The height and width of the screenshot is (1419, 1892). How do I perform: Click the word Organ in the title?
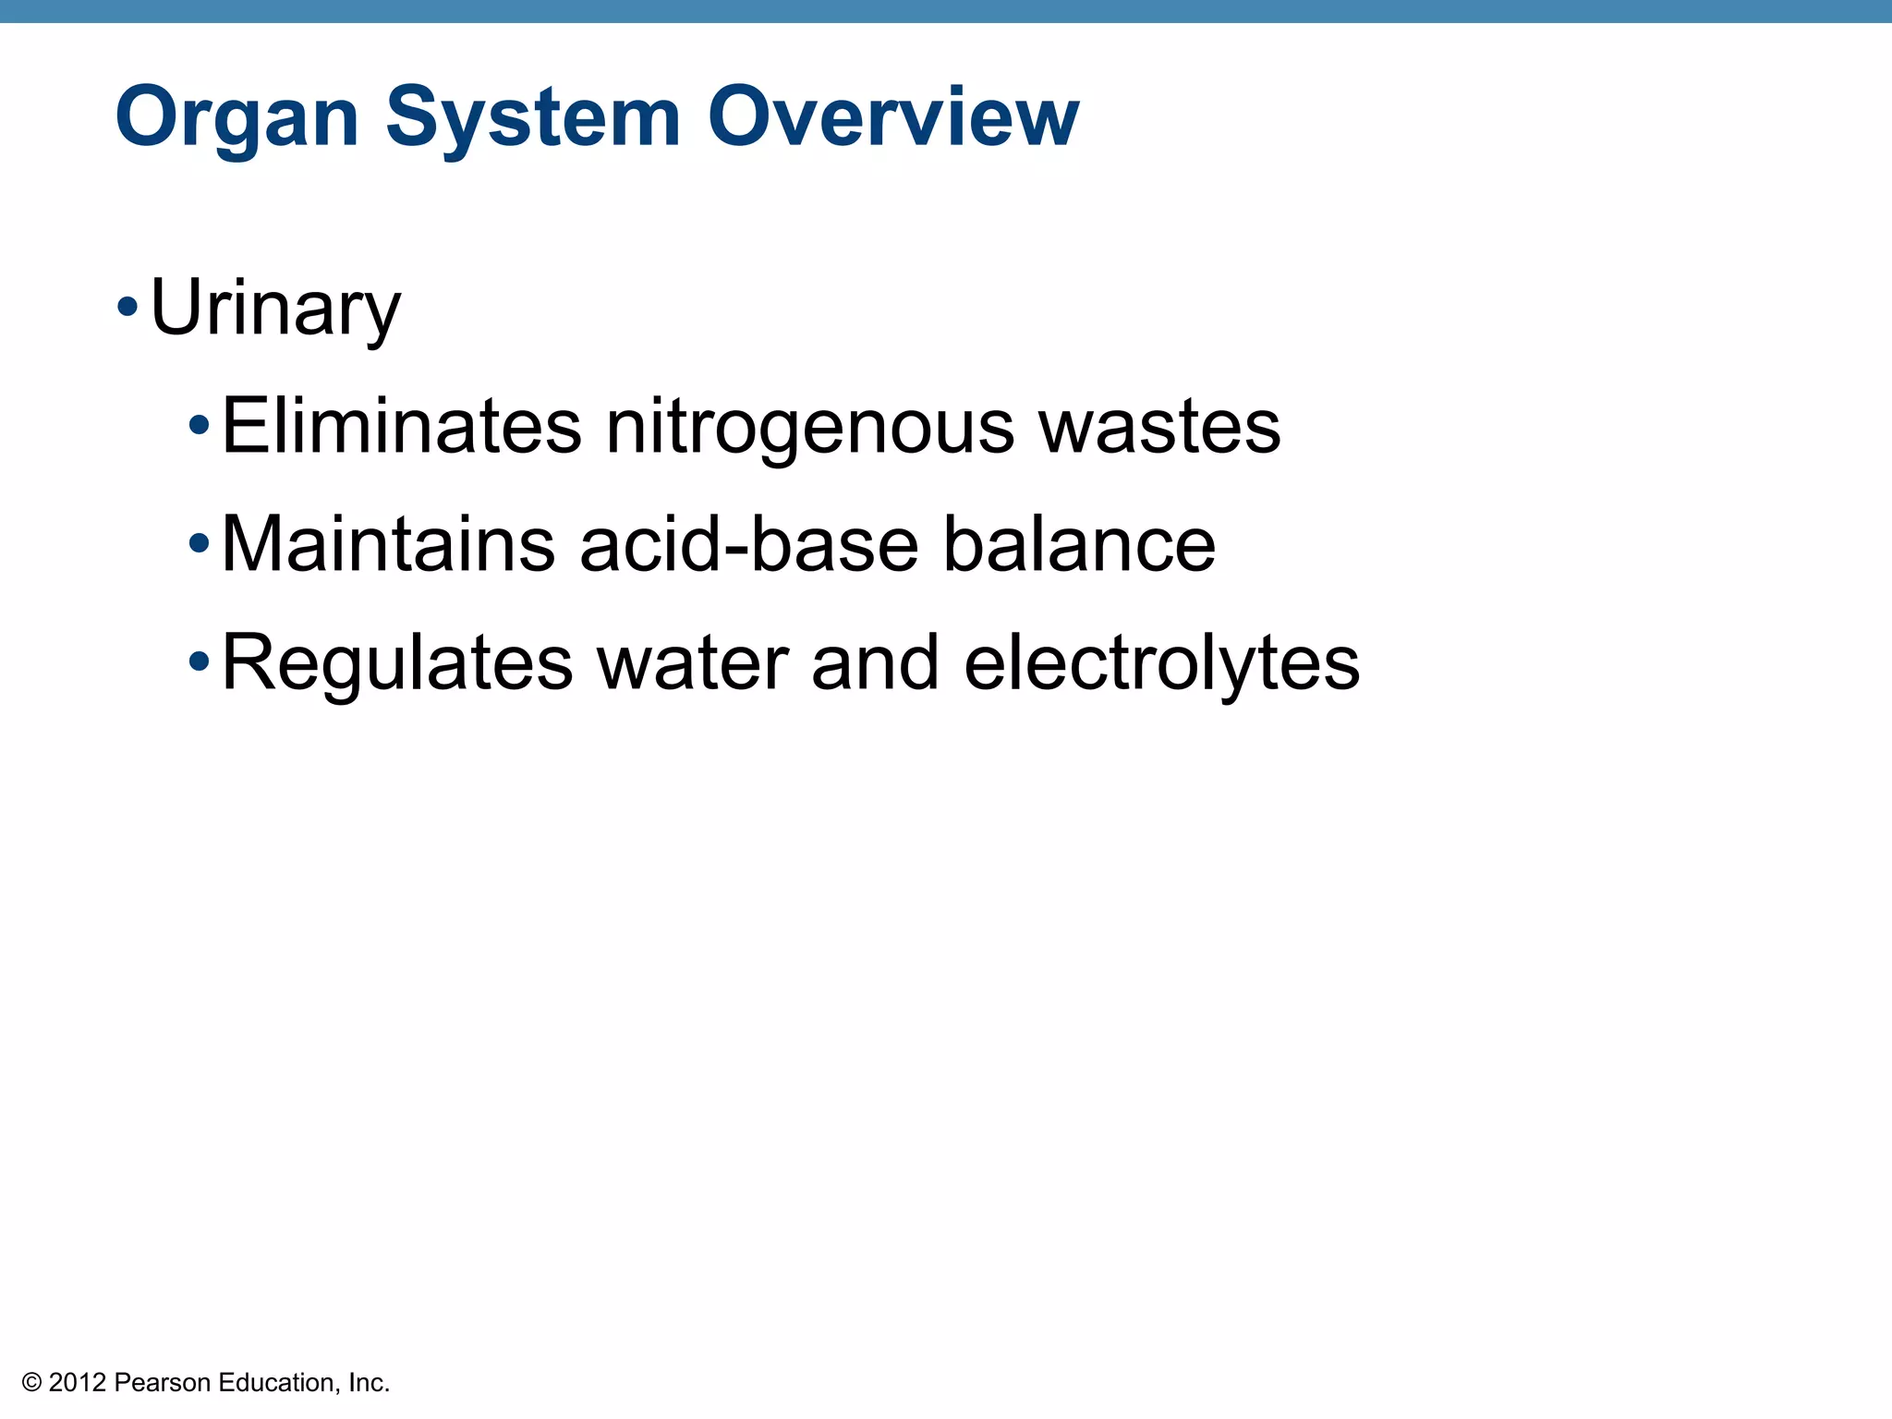pos(236,118)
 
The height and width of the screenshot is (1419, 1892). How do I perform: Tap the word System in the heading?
pos(533,118)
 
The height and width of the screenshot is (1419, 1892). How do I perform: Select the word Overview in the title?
pos(893,116)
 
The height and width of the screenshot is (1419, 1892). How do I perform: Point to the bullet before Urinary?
pos(128,307)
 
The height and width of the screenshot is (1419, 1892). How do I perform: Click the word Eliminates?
pos(402,426)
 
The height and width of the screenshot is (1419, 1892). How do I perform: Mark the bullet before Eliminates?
pos(200,426)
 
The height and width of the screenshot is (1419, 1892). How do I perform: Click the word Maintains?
pos(388,544)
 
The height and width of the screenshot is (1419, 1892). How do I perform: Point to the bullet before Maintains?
pos(200,544)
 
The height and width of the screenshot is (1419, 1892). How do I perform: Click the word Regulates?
pos(397,663)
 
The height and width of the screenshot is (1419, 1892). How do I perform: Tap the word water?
pos(693,663)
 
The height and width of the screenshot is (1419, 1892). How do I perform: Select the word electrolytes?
pos(1161,663)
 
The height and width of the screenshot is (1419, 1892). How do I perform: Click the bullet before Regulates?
pos(200,661)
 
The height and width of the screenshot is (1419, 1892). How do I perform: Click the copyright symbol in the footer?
pos(31,1383)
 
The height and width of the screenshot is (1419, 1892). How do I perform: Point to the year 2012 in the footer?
pos(78,1383)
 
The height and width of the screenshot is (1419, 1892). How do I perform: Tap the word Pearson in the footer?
pos(163,1383)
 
